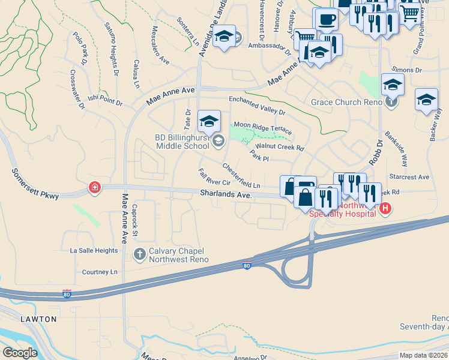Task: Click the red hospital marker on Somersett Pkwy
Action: click(x=94, y=188)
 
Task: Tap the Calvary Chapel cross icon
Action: click(x=139, y=254)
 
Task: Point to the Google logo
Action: click(x=20, y=352)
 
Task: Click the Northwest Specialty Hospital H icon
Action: click(x=385, y=209)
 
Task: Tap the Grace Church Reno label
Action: click(x=347, y=102)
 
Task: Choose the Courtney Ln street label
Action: click(x=100, y=272)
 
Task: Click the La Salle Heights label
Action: click(x=94, y=250)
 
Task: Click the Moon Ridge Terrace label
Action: click(x=263, y=128)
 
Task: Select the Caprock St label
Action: click(x=136, y=220)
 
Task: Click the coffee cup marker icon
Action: click(x=327, y=19)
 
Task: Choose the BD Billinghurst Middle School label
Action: click(x=181, y=142)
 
